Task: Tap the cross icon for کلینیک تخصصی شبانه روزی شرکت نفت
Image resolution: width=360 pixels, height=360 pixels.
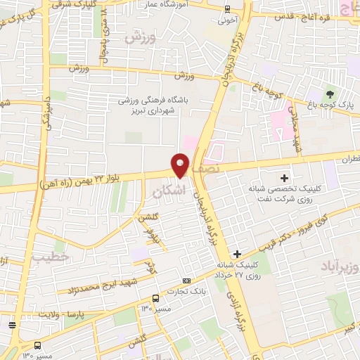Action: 284,178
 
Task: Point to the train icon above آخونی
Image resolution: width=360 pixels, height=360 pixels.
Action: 226,9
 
